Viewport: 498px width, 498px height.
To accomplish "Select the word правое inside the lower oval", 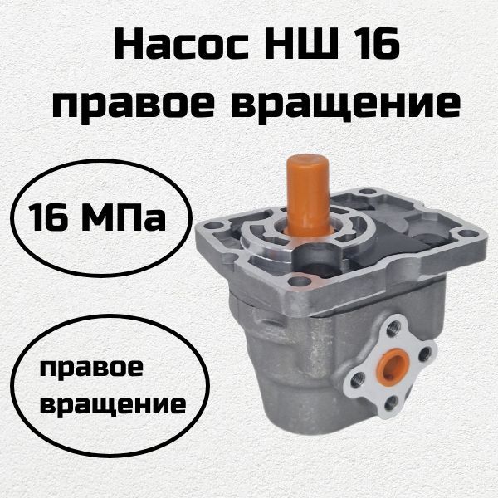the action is point(91,370).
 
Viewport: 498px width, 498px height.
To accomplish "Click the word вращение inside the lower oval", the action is point(113,404).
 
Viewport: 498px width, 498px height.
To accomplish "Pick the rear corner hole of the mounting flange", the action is point(368,192).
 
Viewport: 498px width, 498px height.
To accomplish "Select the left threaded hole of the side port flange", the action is point(358,378).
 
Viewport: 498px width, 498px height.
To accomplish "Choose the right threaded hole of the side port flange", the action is point(424,354).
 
